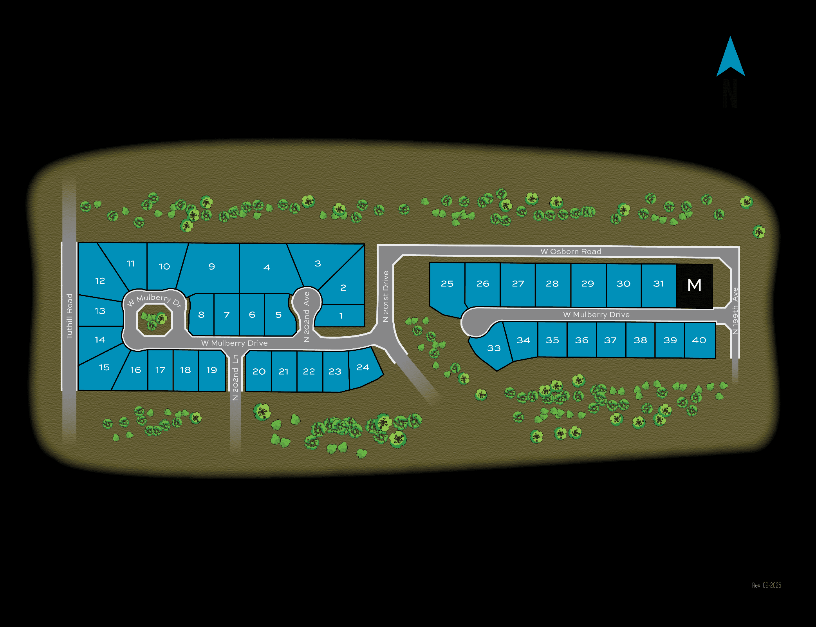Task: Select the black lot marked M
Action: [694, 285]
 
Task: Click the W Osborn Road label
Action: [570, 252]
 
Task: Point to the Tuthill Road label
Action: [70, 316]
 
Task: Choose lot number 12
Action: [100, 281]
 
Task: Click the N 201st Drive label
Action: [386, 296]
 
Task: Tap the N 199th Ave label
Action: [735, 311]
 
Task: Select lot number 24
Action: [363, 368]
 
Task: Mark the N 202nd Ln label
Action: [235, 377]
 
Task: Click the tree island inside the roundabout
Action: [154, 320]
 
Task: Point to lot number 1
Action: [341, 315]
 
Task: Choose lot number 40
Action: [699, 340]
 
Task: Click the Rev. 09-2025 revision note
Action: [766, 585]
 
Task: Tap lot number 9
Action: [211, 266]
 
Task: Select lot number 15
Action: [104, 368]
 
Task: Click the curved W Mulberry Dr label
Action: [154, 299]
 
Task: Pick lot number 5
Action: [278, 315]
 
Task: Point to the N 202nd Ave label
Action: [307, 317]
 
